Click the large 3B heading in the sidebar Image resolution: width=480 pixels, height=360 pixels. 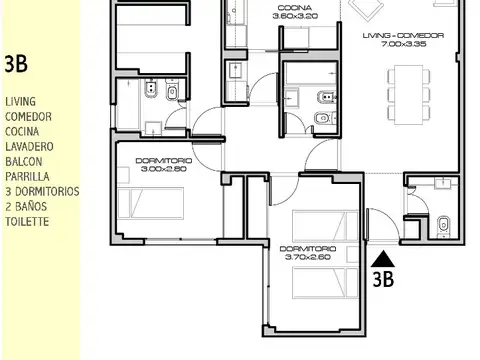[16, 65]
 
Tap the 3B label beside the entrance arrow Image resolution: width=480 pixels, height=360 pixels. [382, 280]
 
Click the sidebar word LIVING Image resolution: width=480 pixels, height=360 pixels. [20, 102]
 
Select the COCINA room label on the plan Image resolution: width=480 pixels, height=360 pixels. [294, 8]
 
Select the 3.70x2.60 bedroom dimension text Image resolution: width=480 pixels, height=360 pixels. [308, 257]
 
